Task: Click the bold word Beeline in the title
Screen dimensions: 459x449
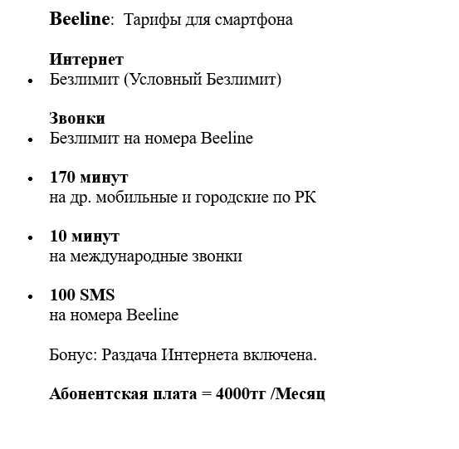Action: click(x=79, y=19)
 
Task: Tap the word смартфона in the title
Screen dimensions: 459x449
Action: click(x=256, y=19)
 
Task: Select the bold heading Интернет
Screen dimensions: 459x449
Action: click(x=86, y=60)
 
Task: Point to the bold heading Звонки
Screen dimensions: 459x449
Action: click(x=77, y=119)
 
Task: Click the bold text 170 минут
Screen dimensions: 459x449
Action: click(x=89, y=178)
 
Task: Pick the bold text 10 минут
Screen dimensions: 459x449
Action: click(x=85, y=237)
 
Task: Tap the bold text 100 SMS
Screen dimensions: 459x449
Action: click(x=82, y=295)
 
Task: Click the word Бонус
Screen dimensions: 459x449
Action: click(x=73, y=355)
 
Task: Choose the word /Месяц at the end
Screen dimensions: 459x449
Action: click(x=298, y=393)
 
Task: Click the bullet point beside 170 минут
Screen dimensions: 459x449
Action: click(x=31, y=178)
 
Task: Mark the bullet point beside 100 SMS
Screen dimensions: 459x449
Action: click(x=31, y=296)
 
